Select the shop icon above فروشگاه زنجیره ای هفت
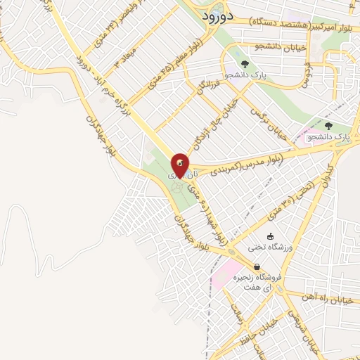tap(258, 267)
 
